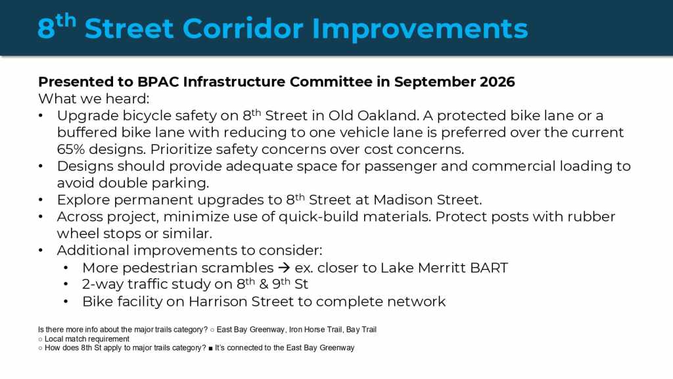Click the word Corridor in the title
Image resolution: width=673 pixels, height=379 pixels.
[x=243, y=29]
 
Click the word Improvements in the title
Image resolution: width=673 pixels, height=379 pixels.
[x=420, y=30]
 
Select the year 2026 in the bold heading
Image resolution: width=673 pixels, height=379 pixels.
[x=497, y=82]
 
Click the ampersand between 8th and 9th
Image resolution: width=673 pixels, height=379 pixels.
[x=264, y=284]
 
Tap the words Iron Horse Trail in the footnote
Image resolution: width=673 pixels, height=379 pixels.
[x=315, y=330]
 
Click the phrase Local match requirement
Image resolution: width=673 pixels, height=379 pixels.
[x=87, y=339]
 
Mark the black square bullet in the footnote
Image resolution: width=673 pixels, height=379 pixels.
[x=211, y=348]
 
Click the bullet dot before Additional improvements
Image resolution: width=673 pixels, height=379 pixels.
[x=41, y=251]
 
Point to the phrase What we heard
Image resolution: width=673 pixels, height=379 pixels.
[x=93, y=99]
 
